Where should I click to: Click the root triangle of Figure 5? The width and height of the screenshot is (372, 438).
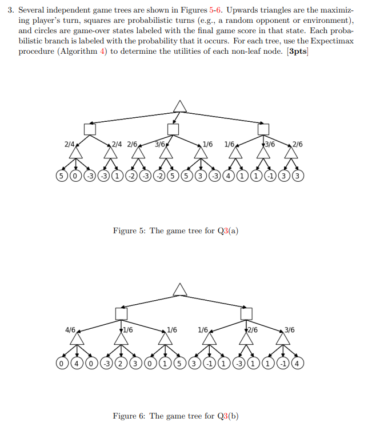click(x=180, y=106)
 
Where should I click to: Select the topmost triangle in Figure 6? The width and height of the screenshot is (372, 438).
click(x=180, y=290)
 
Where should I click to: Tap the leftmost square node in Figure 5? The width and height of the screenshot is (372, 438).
click(x=89, y=129)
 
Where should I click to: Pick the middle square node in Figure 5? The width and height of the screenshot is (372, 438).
click(x=173, y=129)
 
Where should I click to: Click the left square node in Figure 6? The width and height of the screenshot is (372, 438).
click(x=121, y=313)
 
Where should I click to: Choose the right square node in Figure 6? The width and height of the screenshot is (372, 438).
click(x=246, y=313)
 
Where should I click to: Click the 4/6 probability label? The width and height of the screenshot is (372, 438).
click(x=70, y=330)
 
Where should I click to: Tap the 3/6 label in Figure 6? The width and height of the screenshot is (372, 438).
click(x=290, y=330)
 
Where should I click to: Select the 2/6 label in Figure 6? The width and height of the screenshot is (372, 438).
click(x=253, y=330)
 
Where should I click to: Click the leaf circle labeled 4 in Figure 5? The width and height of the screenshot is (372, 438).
click(x=228, y=175)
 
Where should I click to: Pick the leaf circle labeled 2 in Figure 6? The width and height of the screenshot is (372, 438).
click(x=121, y=363)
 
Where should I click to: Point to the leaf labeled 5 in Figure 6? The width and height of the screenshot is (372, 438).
click(x=179, y=363)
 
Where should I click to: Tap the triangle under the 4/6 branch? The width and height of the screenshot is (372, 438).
click(x=75, y=340)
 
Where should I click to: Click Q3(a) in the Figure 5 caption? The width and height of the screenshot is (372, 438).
click(x=226, y=231)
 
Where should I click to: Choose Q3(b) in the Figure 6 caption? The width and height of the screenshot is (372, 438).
click(x=226, y=416)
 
